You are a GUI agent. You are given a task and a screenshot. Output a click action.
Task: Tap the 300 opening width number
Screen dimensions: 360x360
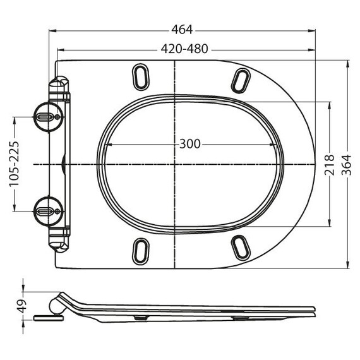tap(189, 144)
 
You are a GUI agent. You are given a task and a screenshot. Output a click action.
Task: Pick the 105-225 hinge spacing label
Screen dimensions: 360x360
tap(14, 164)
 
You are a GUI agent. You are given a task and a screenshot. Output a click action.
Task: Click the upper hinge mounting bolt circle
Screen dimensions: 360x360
tap(47, 117)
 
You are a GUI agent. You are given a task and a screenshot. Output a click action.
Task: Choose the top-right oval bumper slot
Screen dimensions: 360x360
tap(241, 80)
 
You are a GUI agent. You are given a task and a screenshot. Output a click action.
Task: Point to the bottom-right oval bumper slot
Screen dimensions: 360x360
tap(240, 248)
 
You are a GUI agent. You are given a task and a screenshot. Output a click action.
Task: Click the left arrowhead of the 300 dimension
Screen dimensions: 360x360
tap(106, 144)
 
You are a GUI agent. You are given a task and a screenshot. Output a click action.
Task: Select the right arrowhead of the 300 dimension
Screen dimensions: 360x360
tap(277, 144)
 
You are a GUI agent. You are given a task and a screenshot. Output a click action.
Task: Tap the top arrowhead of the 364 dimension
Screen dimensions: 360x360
tap(348, 63)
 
